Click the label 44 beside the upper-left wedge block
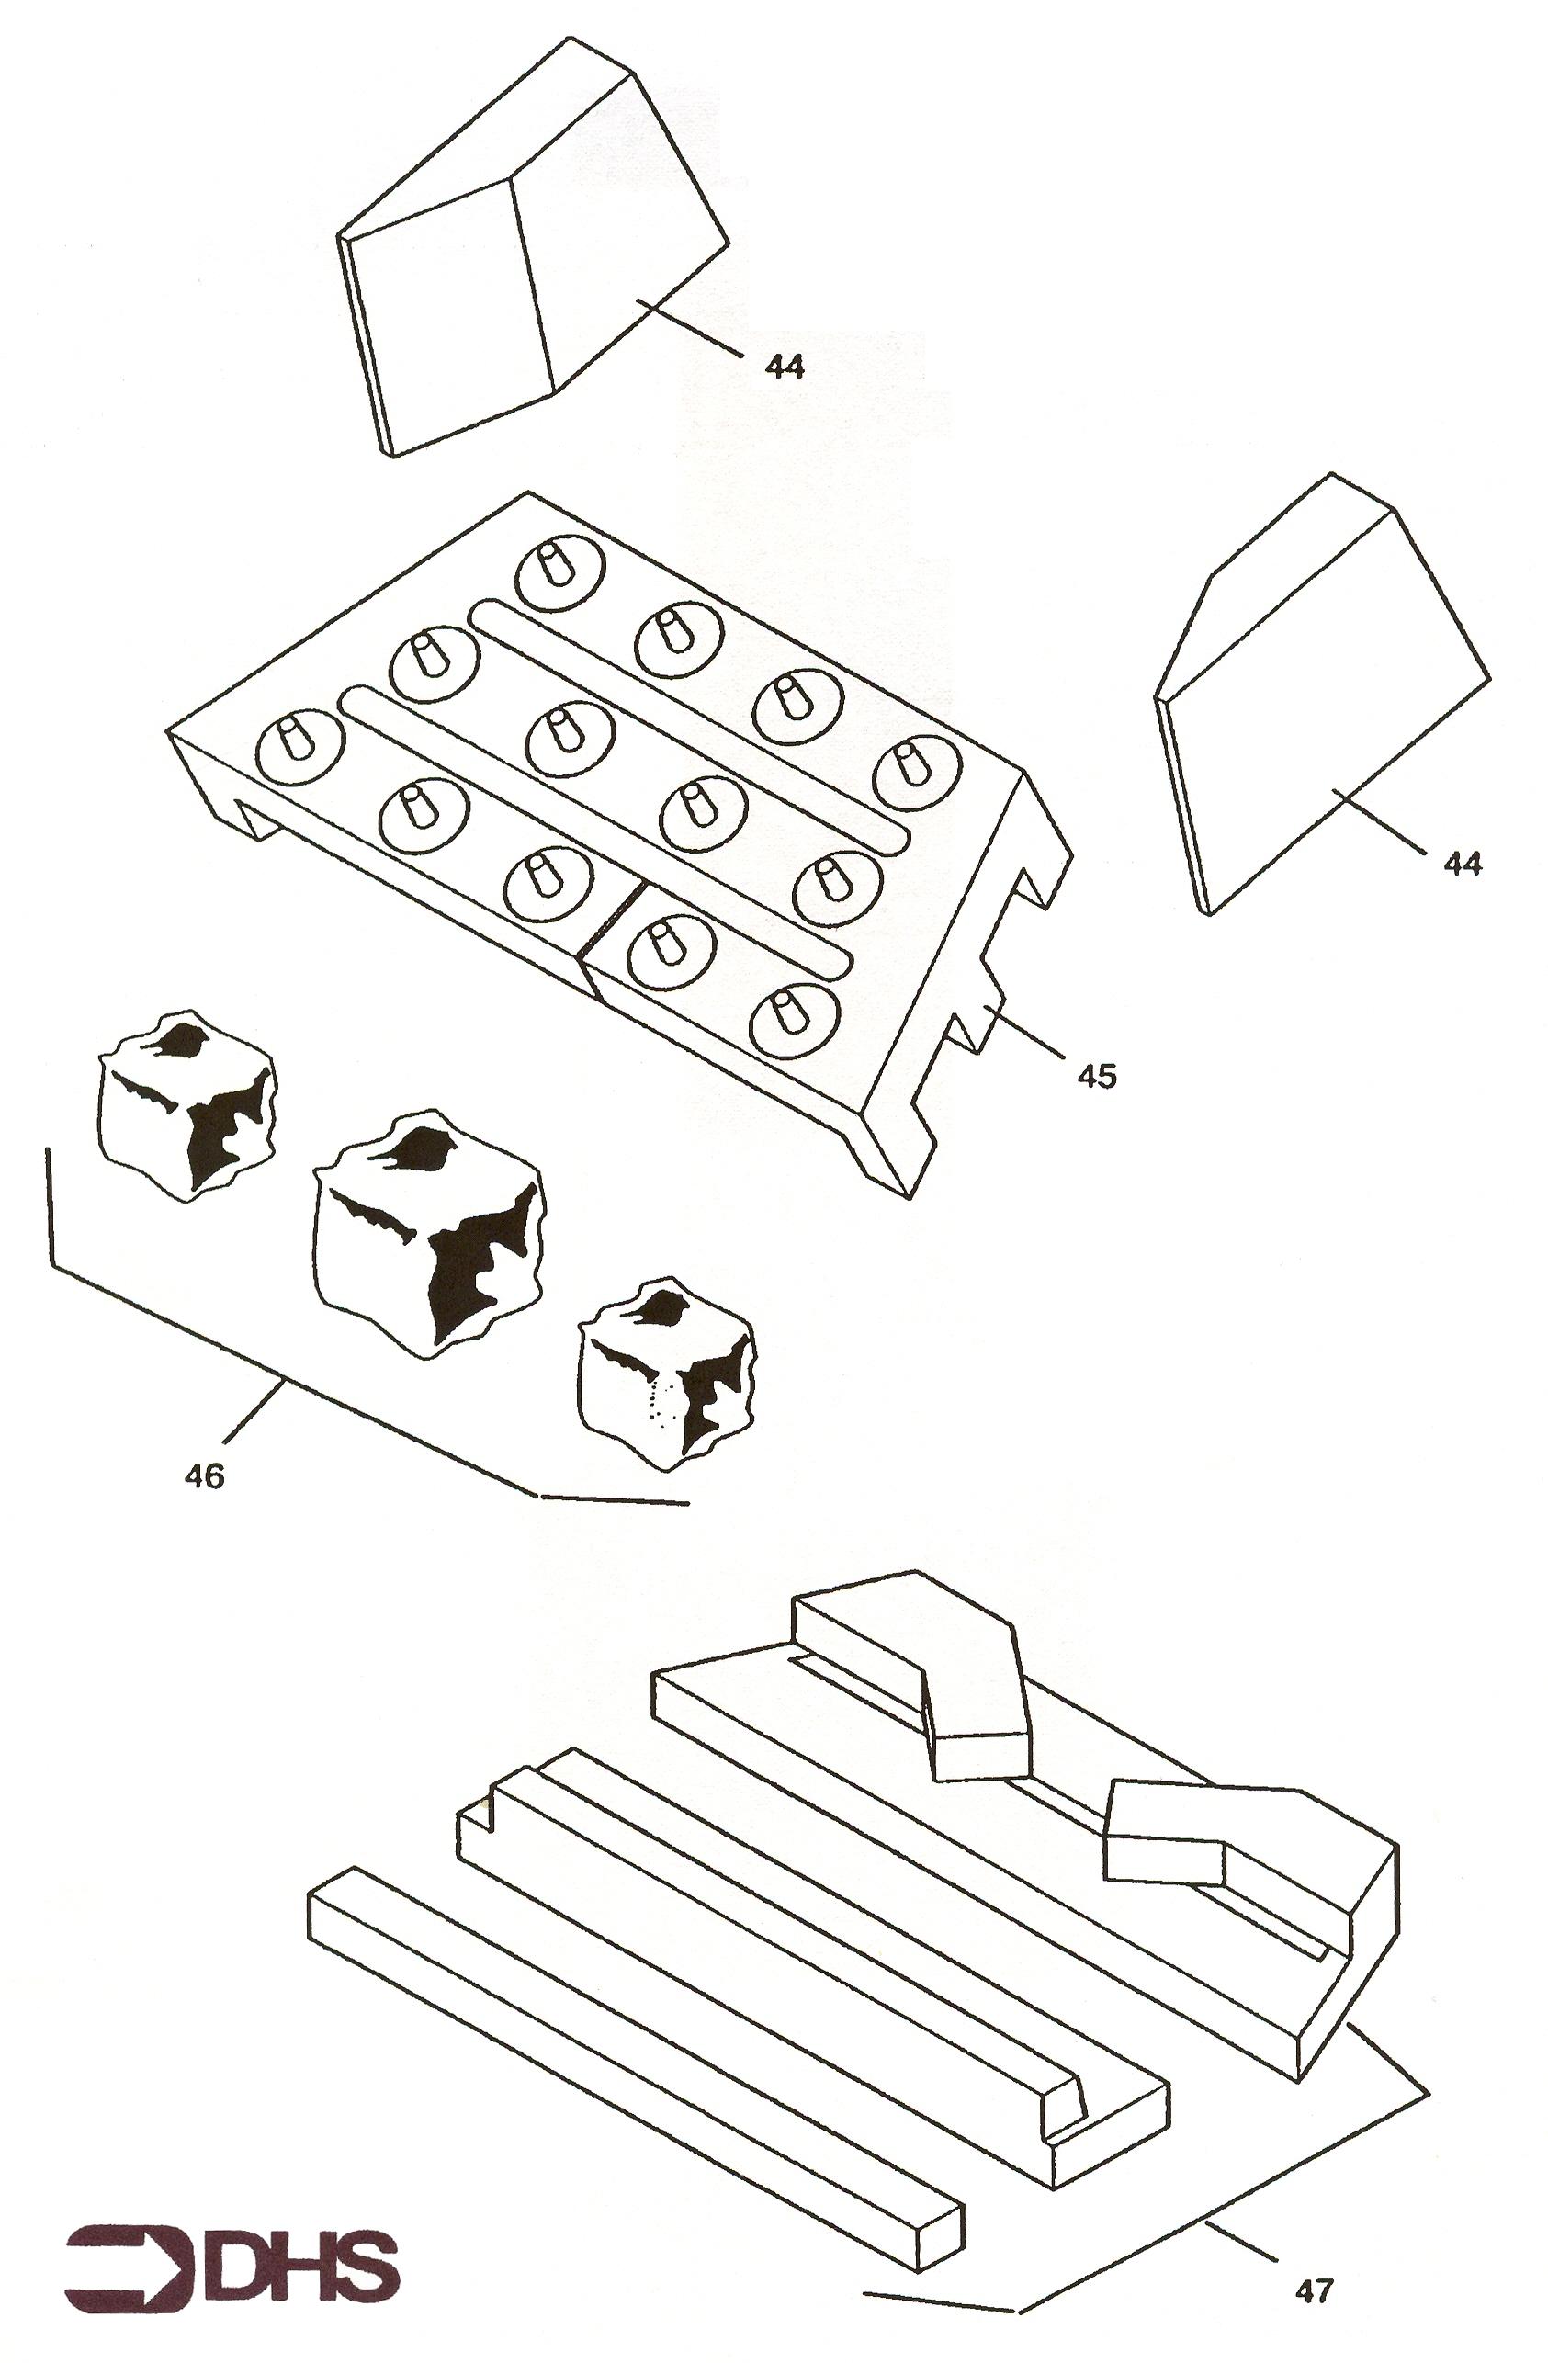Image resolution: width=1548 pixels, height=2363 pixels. tap(785, 367)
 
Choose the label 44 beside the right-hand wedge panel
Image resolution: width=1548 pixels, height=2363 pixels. tap(1461, 864)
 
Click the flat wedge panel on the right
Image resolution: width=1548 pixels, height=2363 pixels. tap(1324, 695)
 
